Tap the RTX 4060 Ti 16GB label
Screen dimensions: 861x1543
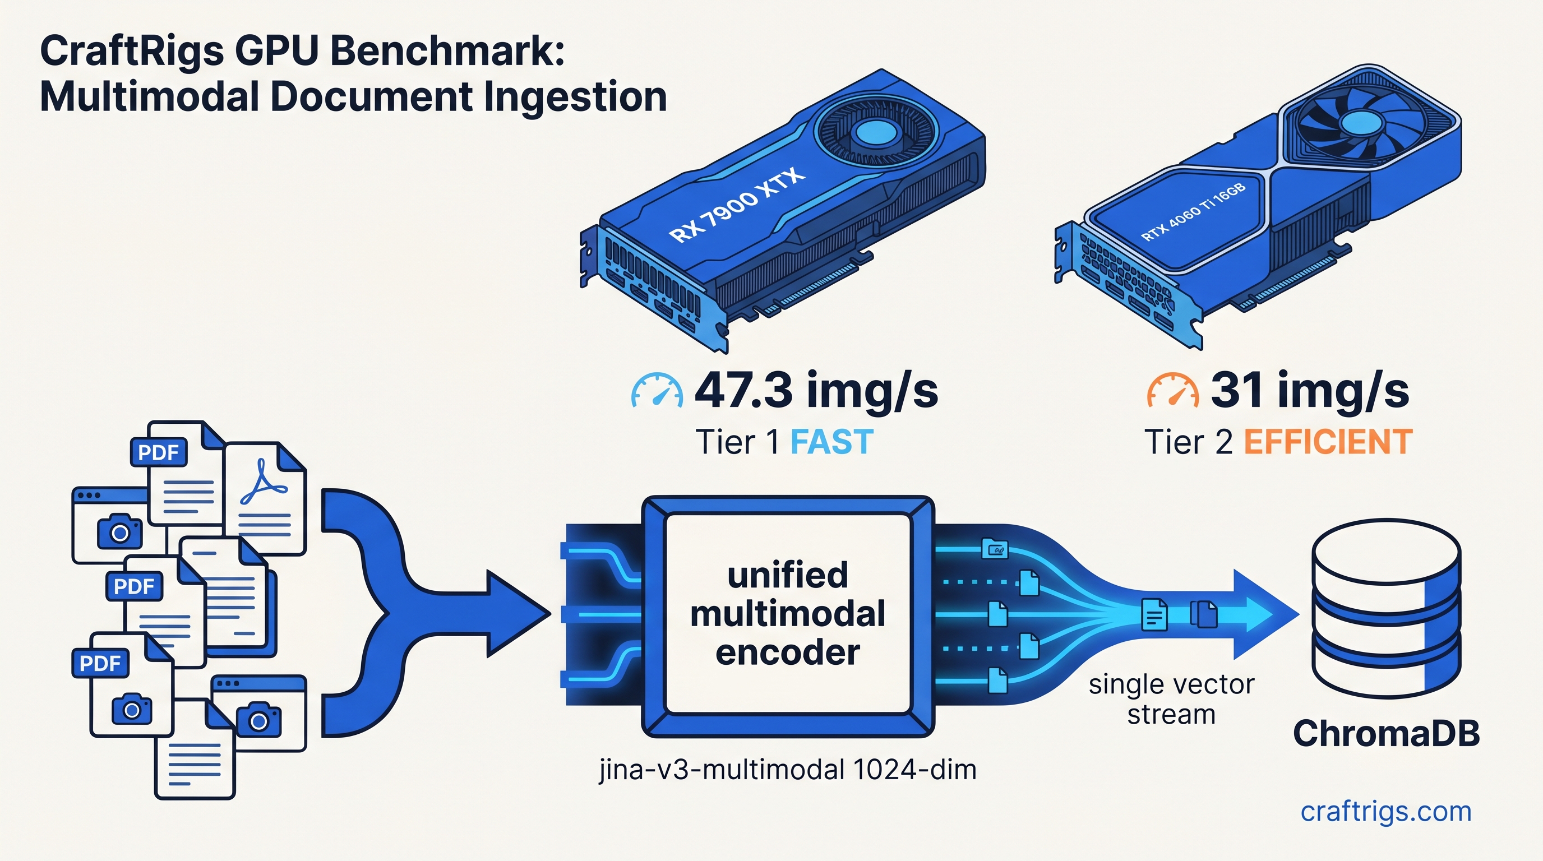1193,211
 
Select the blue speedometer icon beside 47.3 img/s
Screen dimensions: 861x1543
657,392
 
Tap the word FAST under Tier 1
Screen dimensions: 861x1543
831,442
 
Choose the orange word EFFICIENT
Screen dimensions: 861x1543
1328,442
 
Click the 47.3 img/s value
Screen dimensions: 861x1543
816,390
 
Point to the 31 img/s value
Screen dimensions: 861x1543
1309,390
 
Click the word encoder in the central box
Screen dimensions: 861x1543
787,652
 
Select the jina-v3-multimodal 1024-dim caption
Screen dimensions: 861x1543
787,770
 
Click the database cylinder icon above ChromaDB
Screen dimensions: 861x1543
1386,608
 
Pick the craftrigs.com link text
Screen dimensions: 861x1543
1385,811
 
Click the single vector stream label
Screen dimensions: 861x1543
1171,700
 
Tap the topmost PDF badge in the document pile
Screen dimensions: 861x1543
158,452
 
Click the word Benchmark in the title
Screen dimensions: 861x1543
447,51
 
